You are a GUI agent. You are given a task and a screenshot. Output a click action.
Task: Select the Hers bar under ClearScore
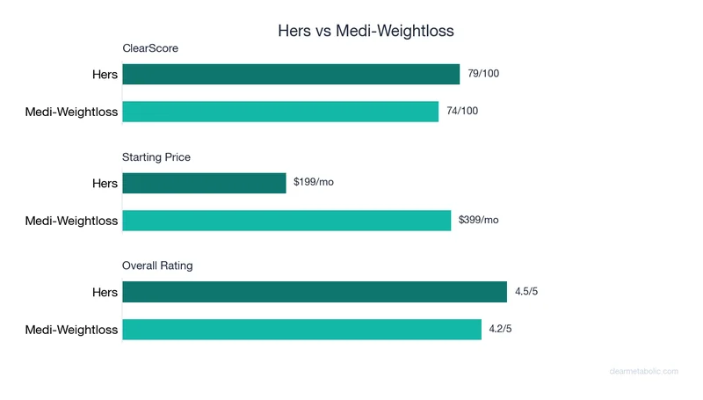(291, 74)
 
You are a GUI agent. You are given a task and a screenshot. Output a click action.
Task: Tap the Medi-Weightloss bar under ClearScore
(280, 112)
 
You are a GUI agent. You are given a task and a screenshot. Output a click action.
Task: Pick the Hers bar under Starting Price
(204, 183)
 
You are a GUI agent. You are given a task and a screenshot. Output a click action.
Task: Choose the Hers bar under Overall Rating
(315, 292)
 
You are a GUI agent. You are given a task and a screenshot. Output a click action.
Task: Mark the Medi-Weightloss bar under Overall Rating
(301, 329)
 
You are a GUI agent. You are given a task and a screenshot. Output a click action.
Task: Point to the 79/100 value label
(483, 74)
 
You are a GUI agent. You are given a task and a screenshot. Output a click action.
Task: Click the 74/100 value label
(462, 112)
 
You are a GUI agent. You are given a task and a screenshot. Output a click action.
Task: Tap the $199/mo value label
(314, 183)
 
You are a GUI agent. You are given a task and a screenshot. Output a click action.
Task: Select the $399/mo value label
(479, 220)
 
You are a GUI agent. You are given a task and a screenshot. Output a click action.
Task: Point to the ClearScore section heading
(150, 48)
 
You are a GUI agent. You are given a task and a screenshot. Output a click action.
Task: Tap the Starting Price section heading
(156, 157)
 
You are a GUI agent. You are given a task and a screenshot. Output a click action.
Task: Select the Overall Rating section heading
(157, 265)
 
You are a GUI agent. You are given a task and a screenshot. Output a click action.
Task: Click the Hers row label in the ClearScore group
(105, 75)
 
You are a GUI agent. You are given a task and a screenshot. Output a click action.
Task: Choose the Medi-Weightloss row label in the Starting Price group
(71, 221)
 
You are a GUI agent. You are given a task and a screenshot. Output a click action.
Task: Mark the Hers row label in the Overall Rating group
(105, 292)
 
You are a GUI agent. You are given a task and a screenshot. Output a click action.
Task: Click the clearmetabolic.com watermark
(643, 371)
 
